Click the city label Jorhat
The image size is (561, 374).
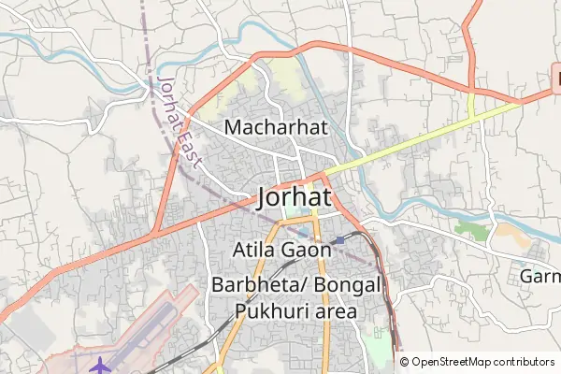click(x=294, y=197)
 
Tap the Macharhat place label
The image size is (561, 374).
click(x=277, y=127)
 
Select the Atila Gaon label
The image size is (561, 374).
click(x=281, y=250)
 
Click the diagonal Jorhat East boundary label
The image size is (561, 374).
click(x=180, y=122)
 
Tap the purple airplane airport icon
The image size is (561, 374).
click(x=101, y=362)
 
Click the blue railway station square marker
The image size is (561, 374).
click(x=339, y=239)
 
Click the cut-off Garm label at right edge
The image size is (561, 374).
click(x=539, y=277)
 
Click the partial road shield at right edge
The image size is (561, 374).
click(x=555, y=79)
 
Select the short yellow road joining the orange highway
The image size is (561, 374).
click(x=471, y=104)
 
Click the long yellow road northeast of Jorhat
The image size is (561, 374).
click(x=421, y=137)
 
